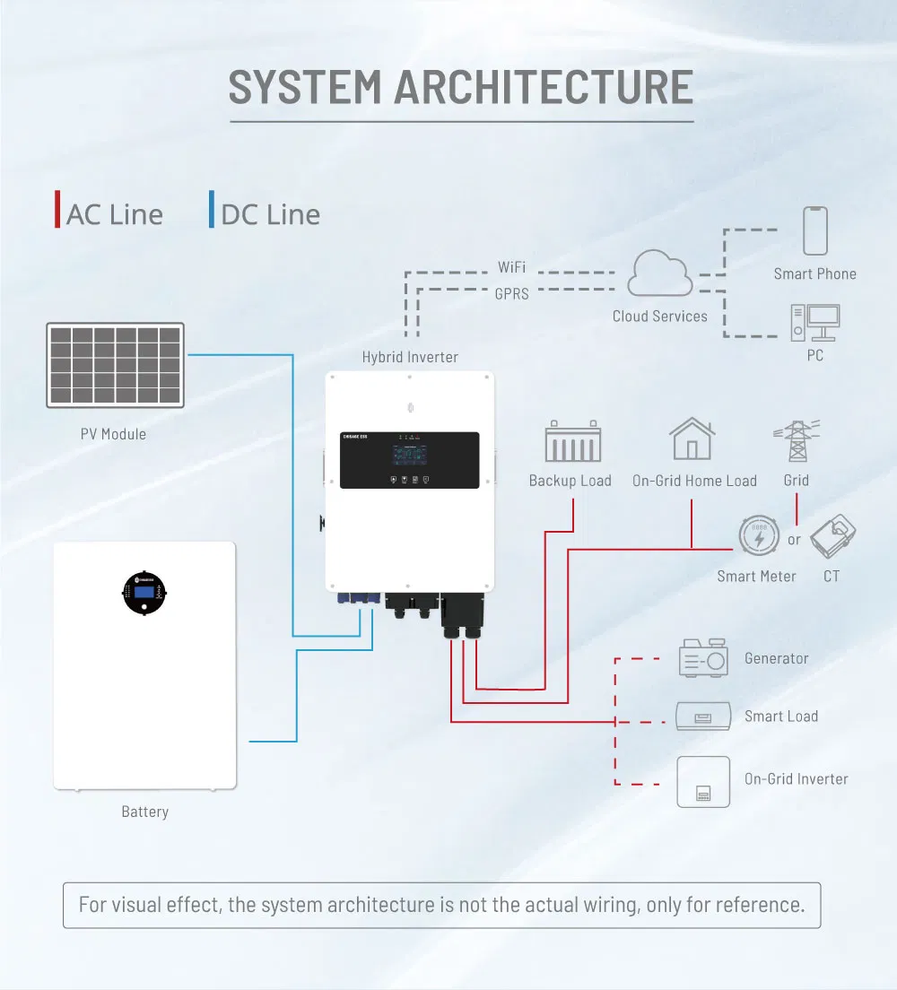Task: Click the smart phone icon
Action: click(x=814, y=231)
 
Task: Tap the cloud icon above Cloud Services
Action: click(x=660, y=274)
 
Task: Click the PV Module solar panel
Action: click(x=115, y=365)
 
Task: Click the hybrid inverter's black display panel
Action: click(x=409, y=460)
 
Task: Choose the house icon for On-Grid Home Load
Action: click(x=692, y=439)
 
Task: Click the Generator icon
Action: click(x=703, y=658)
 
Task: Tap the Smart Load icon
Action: click(x=703, y=716)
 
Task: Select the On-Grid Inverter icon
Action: click(x=703, y=781)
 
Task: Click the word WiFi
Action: click(x=511, y=267)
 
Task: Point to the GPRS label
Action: click(x=511, y=293)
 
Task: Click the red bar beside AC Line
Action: click(x=58, y=211)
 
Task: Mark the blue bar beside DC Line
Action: click(x=212, y=211)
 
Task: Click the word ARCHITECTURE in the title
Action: click(x=544, y=87)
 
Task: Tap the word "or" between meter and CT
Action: click(x=794, y=540)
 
